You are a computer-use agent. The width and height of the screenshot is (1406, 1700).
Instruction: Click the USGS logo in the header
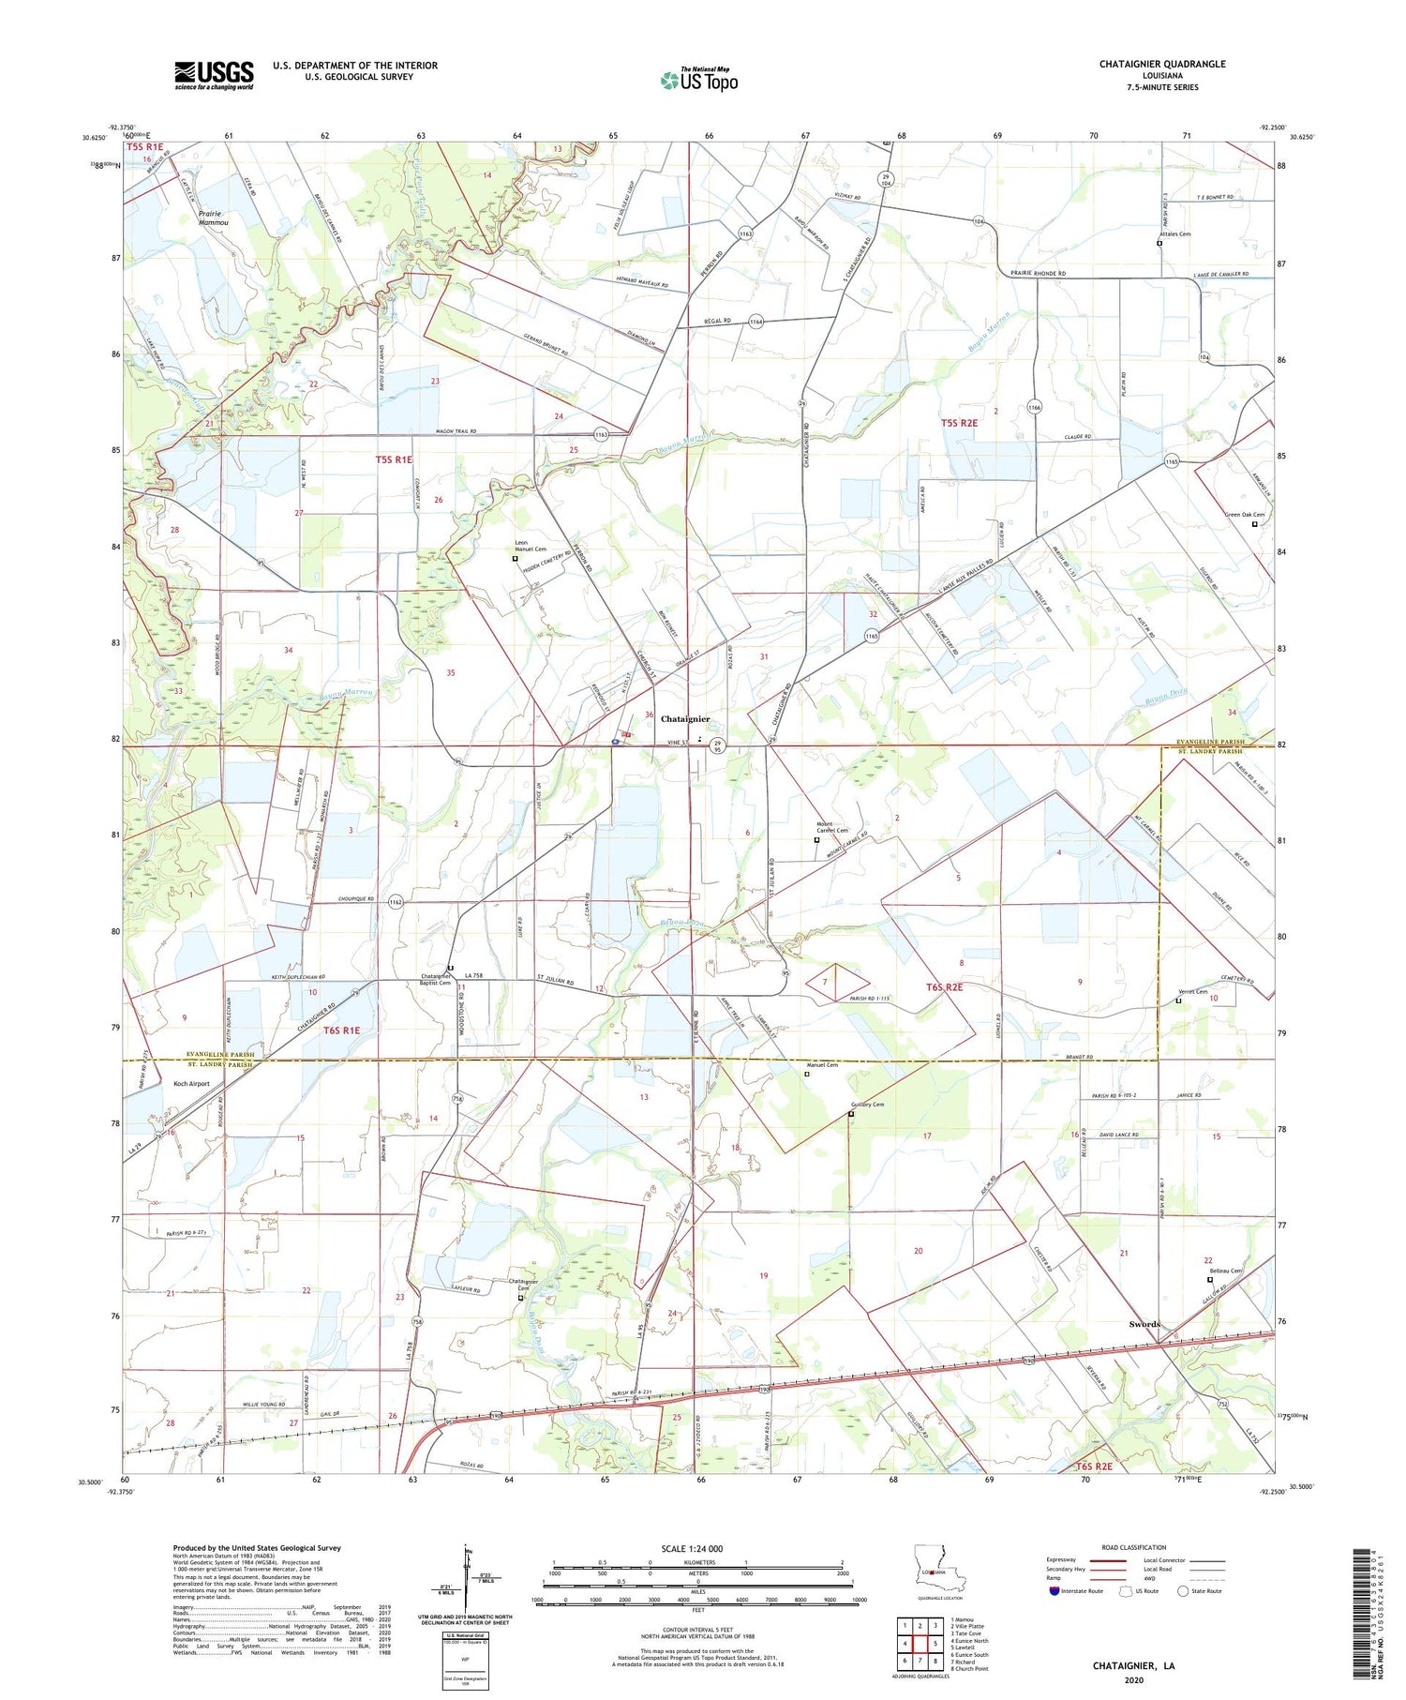(x=214, y=75)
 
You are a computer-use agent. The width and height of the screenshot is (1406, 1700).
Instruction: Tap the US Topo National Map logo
(x=698, y=80)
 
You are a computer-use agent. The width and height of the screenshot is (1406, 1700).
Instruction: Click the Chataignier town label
(x=685, y=719)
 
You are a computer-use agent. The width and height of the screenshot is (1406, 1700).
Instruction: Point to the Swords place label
(x=1144, y=1324)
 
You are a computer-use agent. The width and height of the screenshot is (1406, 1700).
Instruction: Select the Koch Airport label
(x=191, y=1084)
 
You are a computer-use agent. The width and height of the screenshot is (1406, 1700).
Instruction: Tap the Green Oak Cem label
(x=1245, y=515)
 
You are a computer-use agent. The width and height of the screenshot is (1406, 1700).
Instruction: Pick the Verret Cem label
(x=1192, y=992)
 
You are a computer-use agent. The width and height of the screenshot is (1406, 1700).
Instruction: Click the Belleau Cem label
(x=1225, y=1271)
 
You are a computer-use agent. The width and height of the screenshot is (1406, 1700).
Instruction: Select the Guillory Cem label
(x=867, y=1105)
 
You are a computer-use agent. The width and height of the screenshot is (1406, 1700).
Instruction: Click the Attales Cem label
(x=1174, y=233)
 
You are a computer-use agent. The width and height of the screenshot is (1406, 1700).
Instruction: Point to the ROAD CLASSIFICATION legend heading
(x=1134, y=1547)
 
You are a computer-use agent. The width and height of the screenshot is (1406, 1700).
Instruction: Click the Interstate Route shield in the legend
(x=1054, y=1591)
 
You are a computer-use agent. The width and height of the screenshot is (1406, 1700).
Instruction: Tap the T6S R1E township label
(x=341, y=1031)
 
